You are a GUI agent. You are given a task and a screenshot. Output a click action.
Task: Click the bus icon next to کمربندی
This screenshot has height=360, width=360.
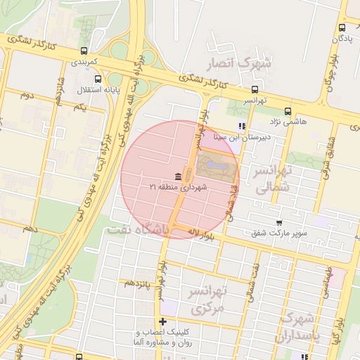point(84,51)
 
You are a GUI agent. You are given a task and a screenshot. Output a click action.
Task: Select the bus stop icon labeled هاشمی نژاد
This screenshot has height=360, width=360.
point(288,111)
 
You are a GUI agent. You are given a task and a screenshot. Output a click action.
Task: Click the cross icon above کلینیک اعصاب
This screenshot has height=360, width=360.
point(163,321)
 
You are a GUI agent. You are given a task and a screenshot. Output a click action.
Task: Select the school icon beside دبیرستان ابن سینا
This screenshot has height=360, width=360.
point(242,127)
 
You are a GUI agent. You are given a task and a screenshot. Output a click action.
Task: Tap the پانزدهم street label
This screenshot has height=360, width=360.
point(139,282)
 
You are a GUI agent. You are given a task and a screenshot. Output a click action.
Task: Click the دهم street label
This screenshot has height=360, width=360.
point(30,229)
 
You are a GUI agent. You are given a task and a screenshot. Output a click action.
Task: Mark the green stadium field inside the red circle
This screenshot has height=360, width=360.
point(214,167)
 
